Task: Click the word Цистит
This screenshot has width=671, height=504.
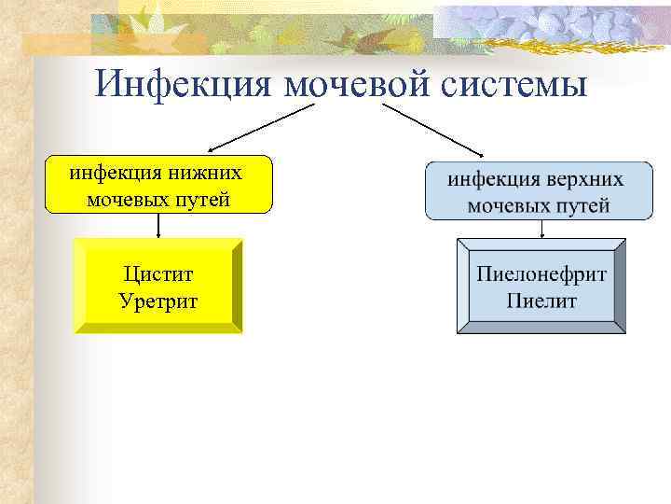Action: point(158,274)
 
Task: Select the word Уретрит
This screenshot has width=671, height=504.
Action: point(158,301)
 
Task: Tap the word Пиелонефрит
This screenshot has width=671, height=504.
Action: point(541,274)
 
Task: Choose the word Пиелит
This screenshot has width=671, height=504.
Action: point(541,301)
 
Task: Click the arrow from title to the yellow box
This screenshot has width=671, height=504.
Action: point(261,127)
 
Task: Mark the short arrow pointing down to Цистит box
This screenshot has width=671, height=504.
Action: point(158,226)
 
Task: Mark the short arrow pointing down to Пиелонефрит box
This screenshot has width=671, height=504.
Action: point(541,229)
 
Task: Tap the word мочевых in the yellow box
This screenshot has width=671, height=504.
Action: point(124,199)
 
